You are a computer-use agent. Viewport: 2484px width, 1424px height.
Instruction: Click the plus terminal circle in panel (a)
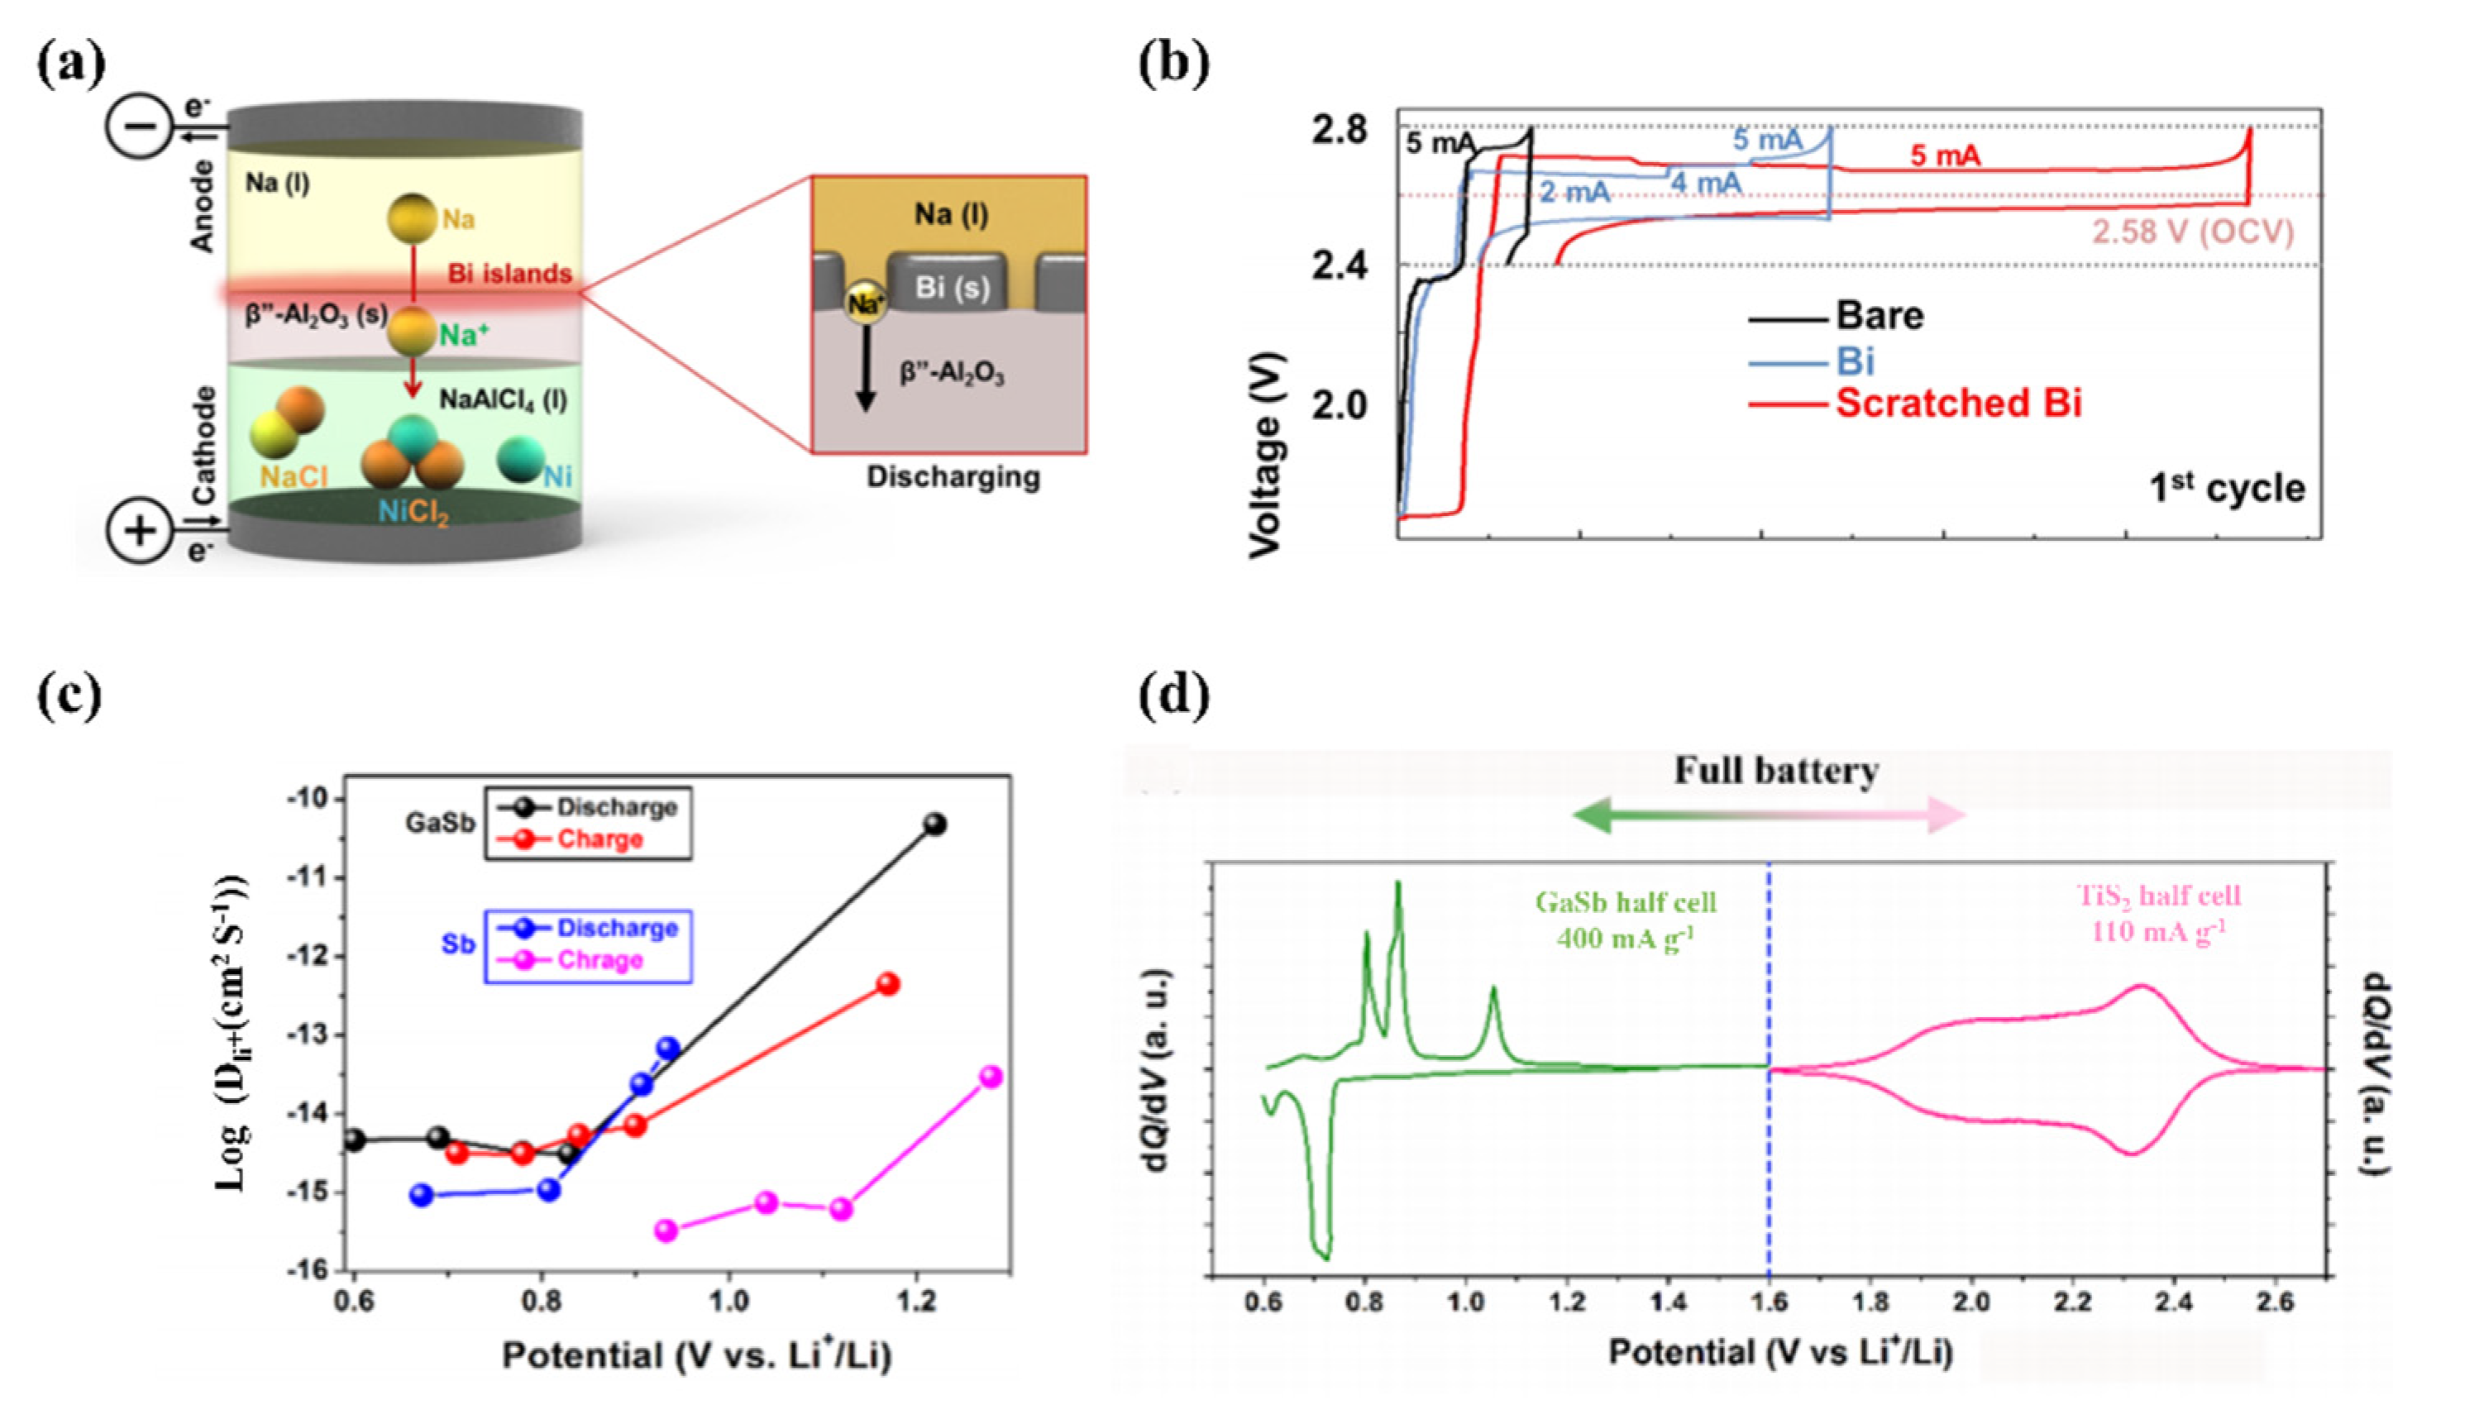139,531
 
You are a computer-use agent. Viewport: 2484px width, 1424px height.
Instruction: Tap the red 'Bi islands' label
509,274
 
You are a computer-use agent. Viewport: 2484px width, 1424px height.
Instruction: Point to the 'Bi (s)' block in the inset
951,288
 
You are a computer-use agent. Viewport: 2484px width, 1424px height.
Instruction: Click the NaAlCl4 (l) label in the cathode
503,400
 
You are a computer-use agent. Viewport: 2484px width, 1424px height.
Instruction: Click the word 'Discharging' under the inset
953,477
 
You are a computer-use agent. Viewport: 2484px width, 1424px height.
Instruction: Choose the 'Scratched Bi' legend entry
1958,403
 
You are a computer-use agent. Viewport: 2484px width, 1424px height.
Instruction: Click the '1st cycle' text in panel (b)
2226,488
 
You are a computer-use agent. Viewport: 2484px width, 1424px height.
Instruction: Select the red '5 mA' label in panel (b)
1945,156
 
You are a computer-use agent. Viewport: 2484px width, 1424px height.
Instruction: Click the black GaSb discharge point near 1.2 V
935,824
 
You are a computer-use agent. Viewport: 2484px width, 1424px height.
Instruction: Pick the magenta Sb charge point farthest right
991,1077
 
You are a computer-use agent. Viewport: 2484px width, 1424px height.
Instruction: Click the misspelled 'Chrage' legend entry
600,960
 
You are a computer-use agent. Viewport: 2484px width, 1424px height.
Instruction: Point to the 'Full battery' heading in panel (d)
1776,772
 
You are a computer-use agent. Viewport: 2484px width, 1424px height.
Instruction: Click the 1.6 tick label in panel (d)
1768,1302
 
